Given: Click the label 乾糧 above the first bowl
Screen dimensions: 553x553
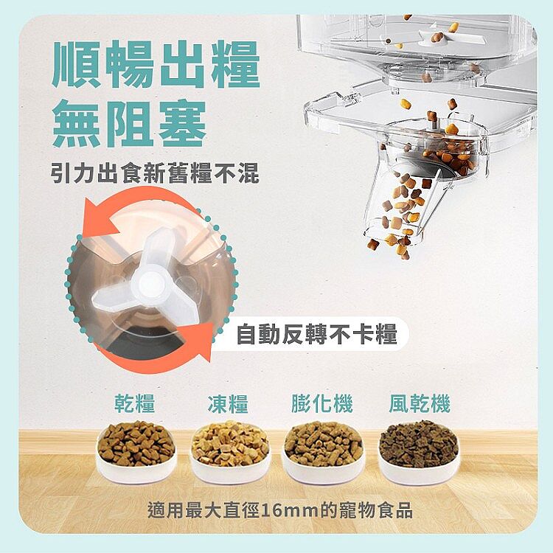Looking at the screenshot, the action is click(x=135, y=403).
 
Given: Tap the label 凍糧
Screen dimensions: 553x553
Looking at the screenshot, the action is click(x=228, y=403).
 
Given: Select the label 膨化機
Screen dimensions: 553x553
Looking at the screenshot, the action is click(x=322, y=403).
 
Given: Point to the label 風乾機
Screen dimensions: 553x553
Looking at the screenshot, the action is click(x=420, y=403).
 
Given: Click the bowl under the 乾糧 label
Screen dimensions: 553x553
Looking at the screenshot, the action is click(x=136, y=452).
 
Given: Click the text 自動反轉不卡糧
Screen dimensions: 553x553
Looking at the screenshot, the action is click(x=317, y=334).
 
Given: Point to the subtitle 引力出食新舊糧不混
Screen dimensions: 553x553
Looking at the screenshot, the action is click(x=155, y=173).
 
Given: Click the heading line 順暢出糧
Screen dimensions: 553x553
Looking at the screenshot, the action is click(x=156, y=64).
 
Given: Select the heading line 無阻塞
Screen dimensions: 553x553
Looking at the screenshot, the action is click(x=129, y=123).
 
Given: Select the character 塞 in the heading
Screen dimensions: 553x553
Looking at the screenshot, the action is click(x=182, y=123).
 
